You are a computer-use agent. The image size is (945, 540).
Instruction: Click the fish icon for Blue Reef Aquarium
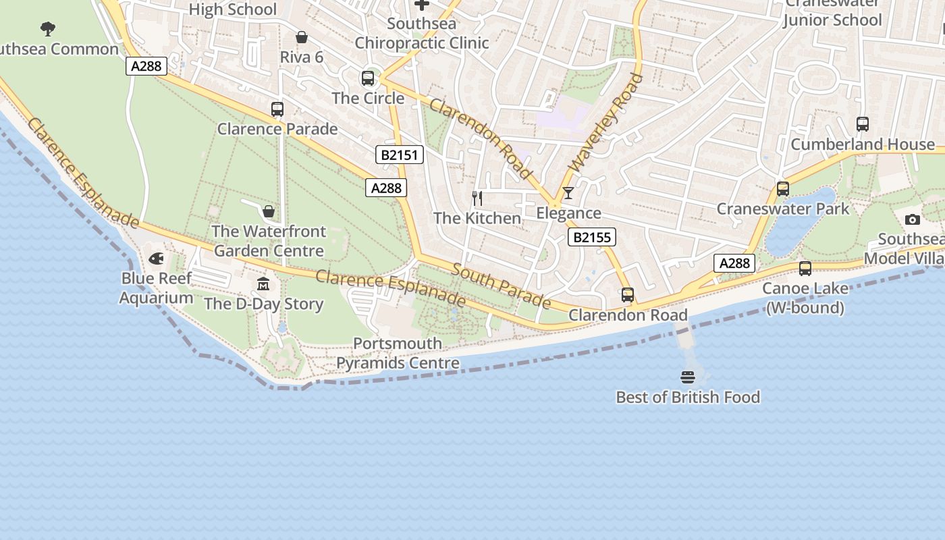(x=156, y=259)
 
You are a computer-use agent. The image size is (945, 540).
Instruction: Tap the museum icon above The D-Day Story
(x=263, y=283)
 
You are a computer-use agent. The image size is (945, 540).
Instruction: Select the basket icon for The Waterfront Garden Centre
(x=269, y=211)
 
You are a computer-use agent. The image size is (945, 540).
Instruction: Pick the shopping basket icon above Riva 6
(x=302, y=37)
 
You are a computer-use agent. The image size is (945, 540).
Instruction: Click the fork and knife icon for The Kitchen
(x=477, y=198)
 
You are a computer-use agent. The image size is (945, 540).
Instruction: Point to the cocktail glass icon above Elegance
(x=568, y=193)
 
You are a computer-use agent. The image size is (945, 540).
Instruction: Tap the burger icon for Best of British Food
(x=688, y=377)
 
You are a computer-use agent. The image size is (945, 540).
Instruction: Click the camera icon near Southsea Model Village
(x=912, y=219)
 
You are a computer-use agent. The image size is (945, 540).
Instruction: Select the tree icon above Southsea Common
(x=47, y=28)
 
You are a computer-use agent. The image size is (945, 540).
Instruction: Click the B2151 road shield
(x=400, y=155)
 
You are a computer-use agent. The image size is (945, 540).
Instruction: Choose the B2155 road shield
(x=592, y=237)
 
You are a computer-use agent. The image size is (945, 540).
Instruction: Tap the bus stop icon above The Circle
(x=368, y=78)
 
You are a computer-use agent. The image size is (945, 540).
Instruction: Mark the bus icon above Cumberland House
(x=863, y=124)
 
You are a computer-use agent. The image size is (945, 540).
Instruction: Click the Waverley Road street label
(x=607, y=123)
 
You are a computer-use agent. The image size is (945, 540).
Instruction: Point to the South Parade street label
(x=501, y=286)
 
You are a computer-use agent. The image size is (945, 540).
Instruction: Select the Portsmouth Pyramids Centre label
(x=398, y=353)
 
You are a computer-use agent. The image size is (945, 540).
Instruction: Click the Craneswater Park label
(x=783, y=209)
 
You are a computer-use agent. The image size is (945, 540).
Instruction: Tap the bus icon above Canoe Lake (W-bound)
(x=805, y=269)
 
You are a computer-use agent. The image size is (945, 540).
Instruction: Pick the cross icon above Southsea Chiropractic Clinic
(x=422, y=5)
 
